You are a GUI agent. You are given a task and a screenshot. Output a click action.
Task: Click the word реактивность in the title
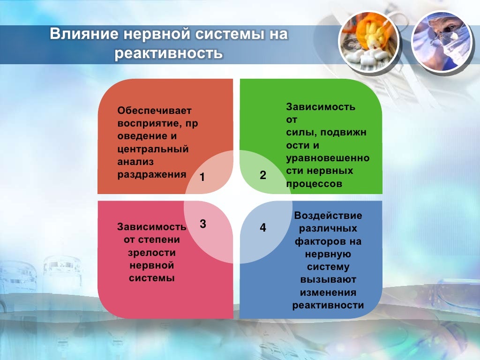point(169,53)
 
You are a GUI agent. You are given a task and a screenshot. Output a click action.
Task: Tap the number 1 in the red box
point(202,177)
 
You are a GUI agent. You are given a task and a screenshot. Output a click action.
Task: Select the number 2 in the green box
point(263,175)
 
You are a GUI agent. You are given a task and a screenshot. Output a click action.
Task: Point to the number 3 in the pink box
point(203,224)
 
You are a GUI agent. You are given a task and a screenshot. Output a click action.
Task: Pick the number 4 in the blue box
point(263,228)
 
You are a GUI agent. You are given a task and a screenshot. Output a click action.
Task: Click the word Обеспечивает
point(155,111)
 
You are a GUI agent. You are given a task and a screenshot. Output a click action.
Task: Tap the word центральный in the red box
point(153,150)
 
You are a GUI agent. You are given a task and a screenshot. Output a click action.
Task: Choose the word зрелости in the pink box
point(151,253)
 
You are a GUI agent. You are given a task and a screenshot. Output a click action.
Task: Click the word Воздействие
point(328,216)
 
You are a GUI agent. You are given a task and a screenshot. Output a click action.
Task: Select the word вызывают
point(328,280)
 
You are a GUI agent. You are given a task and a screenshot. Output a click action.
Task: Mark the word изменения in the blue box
point(328,292)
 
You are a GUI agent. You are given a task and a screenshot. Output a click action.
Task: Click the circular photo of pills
point(369,42)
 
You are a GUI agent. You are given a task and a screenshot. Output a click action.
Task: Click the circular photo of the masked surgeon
point(441,42)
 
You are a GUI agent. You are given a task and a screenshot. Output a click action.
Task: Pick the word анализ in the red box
point(135,162)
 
